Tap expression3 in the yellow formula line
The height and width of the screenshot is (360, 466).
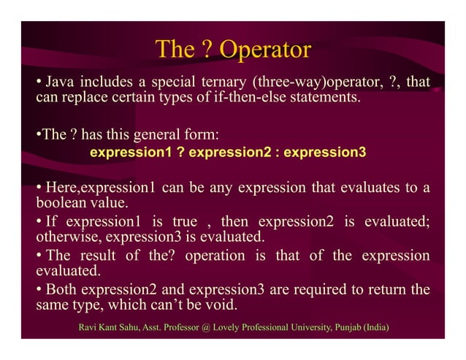[x=324, y=153]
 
